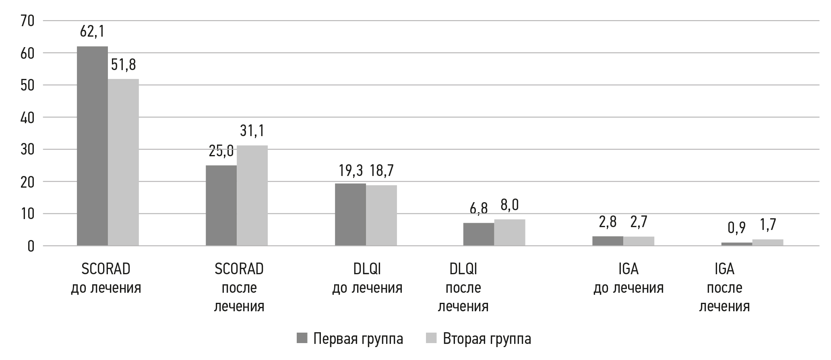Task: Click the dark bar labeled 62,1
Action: pos(92,146)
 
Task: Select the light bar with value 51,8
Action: pos(123,162)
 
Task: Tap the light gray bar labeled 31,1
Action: pos(252,195)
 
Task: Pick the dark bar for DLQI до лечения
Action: pos(350,214)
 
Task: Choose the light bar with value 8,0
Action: pos(510,232)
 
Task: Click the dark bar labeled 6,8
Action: pos(479,234)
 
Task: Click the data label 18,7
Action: pos(381,171)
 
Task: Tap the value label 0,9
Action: pos(736,228)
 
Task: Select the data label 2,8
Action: pos(608,222)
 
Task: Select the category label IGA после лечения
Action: pos(724,288)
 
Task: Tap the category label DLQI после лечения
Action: pos(463,288)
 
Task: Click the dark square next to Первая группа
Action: pos(302,338)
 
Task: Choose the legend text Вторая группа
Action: pos(487,339)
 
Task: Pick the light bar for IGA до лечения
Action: pos(639,241)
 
